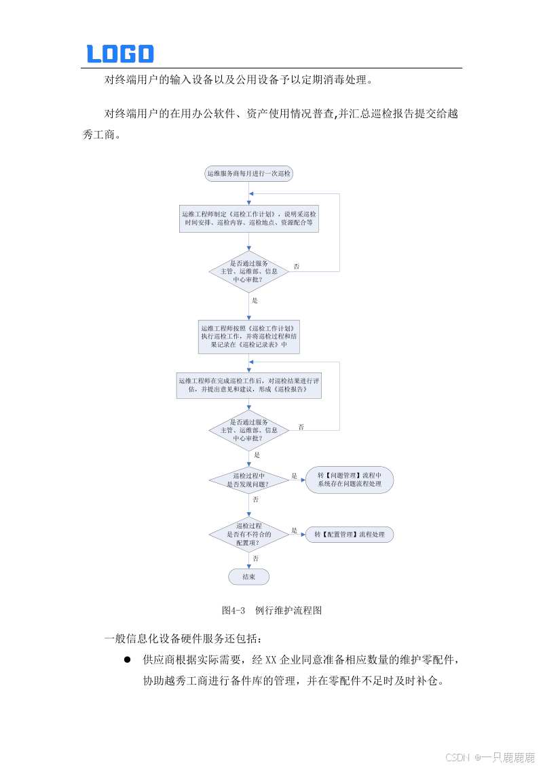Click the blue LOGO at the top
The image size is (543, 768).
(x=120, y=54)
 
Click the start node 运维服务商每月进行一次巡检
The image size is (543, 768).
(x=249, y=174)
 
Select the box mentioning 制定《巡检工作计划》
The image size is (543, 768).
(x=249, y=218)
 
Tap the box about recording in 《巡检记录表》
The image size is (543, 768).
(x=249, y=336)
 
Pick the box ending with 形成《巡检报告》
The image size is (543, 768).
(x=249, y=385)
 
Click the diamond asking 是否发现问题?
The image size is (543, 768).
(x=249, y=480)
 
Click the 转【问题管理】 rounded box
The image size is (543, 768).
(x=350, y=480)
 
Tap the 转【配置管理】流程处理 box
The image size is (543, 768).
(x=350, y=535)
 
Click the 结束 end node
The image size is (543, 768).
(x=249, y=577)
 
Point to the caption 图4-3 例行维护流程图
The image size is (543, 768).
(x=271, y=611)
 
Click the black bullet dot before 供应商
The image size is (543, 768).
(x=126, y=659)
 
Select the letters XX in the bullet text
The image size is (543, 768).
(x=271, y=659)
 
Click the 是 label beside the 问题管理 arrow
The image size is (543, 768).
(x=295, y=476)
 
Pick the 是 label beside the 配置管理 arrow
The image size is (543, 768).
(x=295, y=530)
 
